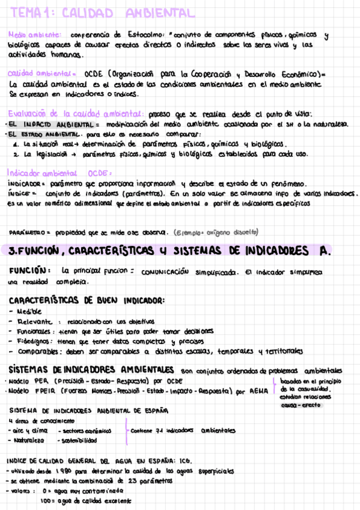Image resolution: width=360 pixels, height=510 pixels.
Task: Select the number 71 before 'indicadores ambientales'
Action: click(x=159, y=431)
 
